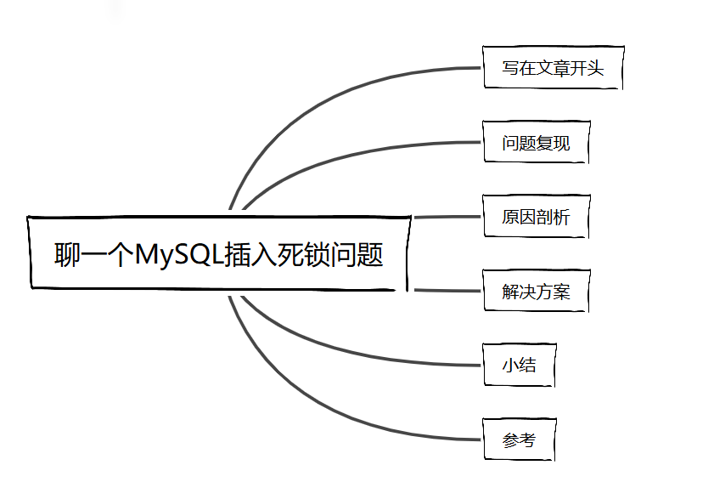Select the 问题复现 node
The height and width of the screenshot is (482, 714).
535,144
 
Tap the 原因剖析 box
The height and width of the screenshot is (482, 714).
535,218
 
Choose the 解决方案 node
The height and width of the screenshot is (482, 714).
535,292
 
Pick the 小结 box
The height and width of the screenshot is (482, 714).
519,366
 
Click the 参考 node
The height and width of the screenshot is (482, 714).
519,440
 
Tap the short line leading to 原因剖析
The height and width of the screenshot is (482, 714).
447,217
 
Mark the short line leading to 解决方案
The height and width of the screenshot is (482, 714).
447,291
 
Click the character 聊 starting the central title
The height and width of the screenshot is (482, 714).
68,254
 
